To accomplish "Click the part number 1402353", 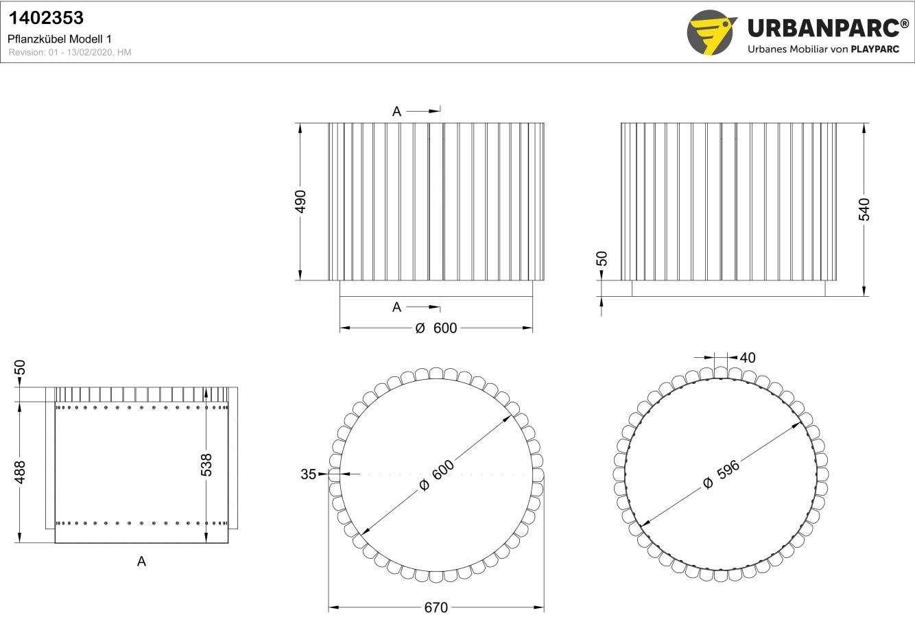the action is coord(46,18).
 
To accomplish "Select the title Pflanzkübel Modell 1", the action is coord(59,39).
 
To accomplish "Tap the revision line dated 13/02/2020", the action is coord(70,52).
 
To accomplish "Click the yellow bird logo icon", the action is coord(711,32).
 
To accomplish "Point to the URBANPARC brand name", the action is coord(827,28).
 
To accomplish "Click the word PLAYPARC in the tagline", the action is coord(875,49).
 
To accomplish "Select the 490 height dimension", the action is coord(300,202).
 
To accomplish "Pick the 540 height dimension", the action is coord(864,210).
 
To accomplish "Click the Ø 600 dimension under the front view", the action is coord(436,328).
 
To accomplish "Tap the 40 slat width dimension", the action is coord(748,358).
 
